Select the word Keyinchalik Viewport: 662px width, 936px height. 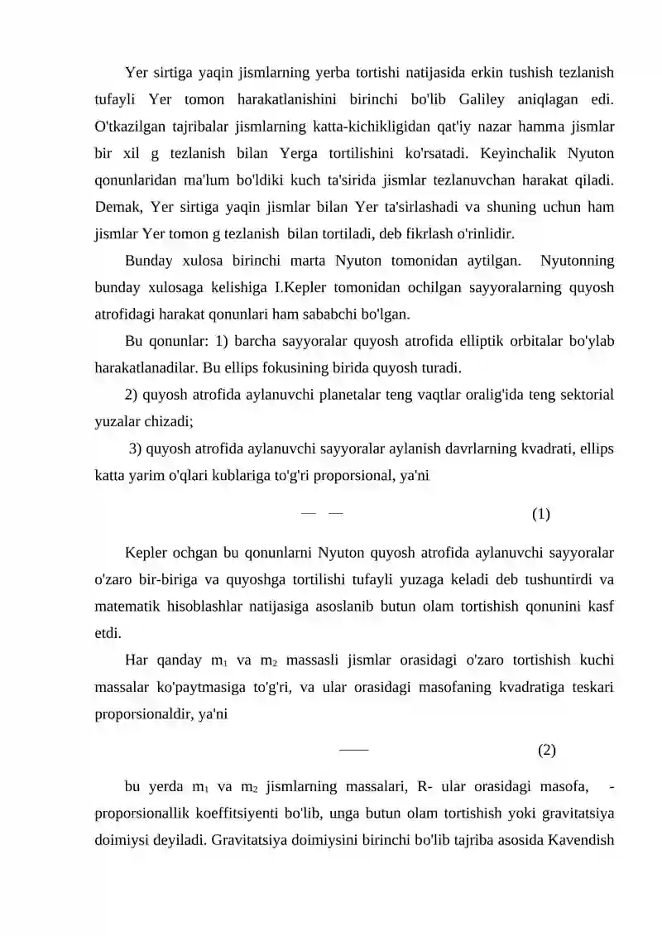tap(525, 154)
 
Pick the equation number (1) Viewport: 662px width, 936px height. tap(541, 515)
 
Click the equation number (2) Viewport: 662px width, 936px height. tap(547, 751)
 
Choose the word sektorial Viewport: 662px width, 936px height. tap(583, 396)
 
